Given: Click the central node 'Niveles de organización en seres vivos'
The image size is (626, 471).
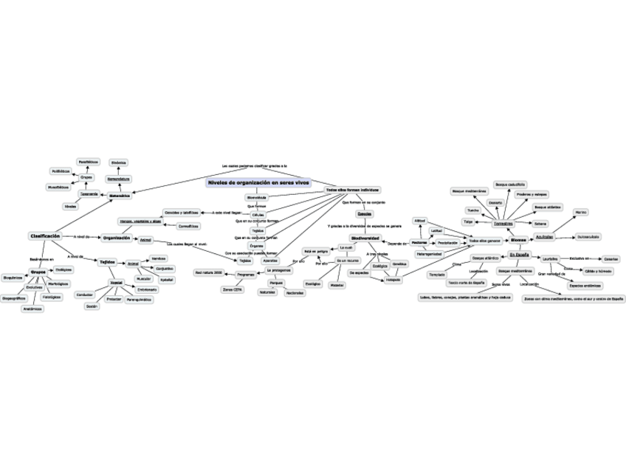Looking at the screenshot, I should pyautogui.click(x=259, y=182).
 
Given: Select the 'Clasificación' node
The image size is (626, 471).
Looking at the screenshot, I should pyautogui.click(x=45, y=235).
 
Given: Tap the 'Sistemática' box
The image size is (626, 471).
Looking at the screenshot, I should pyautogui.click(x=120, y=196).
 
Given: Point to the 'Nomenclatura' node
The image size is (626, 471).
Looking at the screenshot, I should pyautogui.click(x=118, y=179).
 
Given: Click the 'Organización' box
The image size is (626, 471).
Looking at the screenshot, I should pyautogui.click(x=117, y=238).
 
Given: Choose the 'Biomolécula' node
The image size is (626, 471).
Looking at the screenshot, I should pyautogui.click(x=256, y=198).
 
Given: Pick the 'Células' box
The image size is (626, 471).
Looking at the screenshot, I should pyautogui.click(x=258, y=214).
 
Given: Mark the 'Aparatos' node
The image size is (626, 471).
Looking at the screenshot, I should pyautogui.click(x=270, y=261).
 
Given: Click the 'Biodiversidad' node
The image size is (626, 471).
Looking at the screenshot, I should pyautogui.click(x=365, y=238).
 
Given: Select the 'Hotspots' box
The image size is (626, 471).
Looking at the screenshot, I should pyautogui.click(x=393, y=280).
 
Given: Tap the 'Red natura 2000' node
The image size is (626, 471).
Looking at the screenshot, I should pyautogui.click(x=208, y=272).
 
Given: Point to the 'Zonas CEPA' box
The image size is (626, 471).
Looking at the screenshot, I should pyautogui.click(x=233, y=290).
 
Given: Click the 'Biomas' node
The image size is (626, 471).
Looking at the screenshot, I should pyautogui.click(x=518, y=240).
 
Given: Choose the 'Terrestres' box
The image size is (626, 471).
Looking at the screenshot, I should pyautogui.click(x=503, y=224).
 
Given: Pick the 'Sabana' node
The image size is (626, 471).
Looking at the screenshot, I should pyautogui.click(x=540, y=223).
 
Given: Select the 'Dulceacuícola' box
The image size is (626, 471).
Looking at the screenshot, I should pyautogui.click(x=588, y=236).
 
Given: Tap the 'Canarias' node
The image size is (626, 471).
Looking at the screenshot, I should pyautogui.click(x=610, y=259).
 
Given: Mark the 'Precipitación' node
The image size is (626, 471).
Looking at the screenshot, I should pyautogui.click(x=447, y=242).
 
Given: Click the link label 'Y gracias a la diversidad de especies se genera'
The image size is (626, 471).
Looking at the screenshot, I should pyautogui.click(x=364, y=225).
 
